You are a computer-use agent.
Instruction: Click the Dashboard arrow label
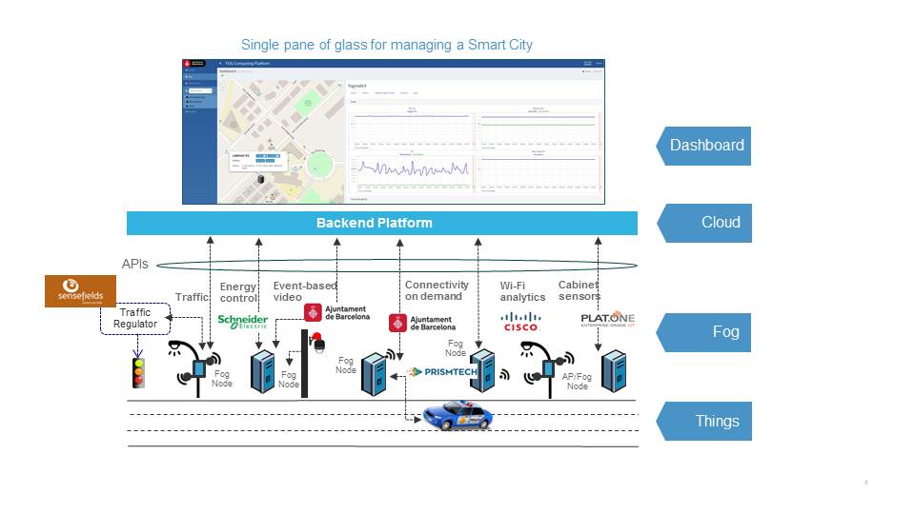click(x=705, y=146)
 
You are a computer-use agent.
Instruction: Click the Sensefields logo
click(x=81, y=291)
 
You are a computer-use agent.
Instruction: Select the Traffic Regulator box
click(x=135, y=319)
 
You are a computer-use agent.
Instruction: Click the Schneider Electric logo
click(x=243, y=322)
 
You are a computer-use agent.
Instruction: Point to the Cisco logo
click(x=520, y=322)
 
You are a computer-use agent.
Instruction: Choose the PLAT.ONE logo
click(x=607, y=319)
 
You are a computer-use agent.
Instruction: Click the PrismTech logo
click(x=441, y=372)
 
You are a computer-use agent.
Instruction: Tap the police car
click(x=457, y=415)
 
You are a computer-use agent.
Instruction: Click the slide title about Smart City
click(x=387, y=45)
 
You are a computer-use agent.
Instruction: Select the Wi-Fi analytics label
click(x=522, y=291)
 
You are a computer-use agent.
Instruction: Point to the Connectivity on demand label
click(x=437, y=291)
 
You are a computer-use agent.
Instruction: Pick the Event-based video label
click(x=305, y=291)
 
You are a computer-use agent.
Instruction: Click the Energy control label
click(x=238, y=292)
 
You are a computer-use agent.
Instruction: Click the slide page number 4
click(x=865, y=484)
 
